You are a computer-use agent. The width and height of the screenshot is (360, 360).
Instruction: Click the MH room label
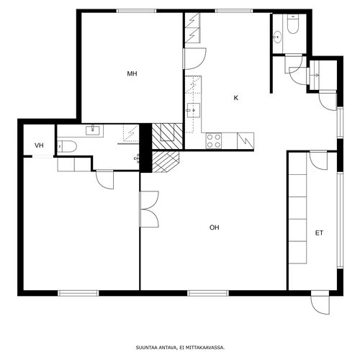(132, 73)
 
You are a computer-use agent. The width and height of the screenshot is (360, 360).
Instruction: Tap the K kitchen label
(236, 98)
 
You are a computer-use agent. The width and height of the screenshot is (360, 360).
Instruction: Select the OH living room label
(215, 228)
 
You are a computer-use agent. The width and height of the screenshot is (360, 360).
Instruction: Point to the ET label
(319, 233)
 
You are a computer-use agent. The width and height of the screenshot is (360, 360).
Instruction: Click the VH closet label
(39, 145)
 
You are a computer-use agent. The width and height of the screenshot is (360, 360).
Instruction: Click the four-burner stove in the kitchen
(214, 141)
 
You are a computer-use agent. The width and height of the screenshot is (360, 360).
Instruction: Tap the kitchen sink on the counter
(194, 110)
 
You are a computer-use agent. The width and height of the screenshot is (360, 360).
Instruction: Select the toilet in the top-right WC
(293, 23)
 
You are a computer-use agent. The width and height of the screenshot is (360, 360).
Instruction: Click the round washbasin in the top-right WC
(278, 37)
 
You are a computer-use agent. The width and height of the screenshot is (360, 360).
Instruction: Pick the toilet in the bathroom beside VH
(67, 146)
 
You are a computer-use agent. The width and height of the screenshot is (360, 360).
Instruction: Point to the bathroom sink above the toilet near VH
(93, 130)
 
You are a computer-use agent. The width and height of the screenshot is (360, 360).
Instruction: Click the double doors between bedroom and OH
(149, 209)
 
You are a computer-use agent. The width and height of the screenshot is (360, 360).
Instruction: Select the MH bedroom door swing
(194, 59)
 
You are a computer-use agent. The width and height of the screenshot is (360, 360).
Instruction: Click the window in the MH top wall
(137, 11)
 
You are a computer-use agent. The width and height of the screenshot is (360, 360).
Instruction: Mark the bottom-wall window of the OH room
(208, 293)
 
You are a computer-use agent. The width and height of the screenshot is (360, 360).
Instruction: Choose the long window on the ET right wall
(340, 220)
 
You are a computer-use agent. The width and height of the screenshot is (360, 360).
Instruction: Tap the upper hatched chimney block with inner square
(168, 136)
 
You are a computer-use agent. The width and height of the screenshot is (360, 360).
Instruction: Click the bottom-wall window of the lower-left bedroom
(78, 293)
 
